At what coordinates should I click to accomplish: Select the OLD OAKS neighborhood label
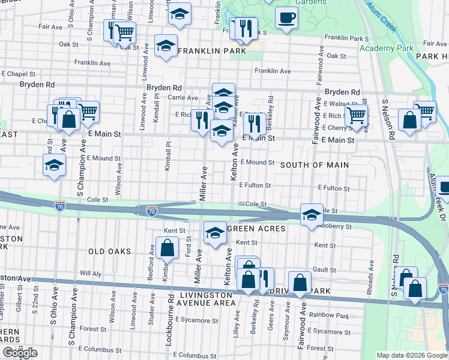tap(109, 251)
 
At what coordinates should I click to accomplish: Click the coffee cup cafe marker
tap(286, 17)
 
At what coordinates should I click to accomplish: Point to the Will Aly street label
tap(91, 273)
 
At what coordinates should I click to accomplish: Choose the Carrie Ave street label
tap(183, 98)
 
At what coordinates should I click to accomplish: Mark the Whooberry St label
tap(334, 227)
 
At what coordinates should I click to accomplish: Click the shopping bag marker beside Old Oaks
tap(167, 248)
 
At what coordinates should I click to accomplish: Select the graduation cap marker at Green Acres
tap(214, 233)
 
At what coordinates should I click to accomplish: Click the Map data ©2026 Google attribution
tap(411, 355)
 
